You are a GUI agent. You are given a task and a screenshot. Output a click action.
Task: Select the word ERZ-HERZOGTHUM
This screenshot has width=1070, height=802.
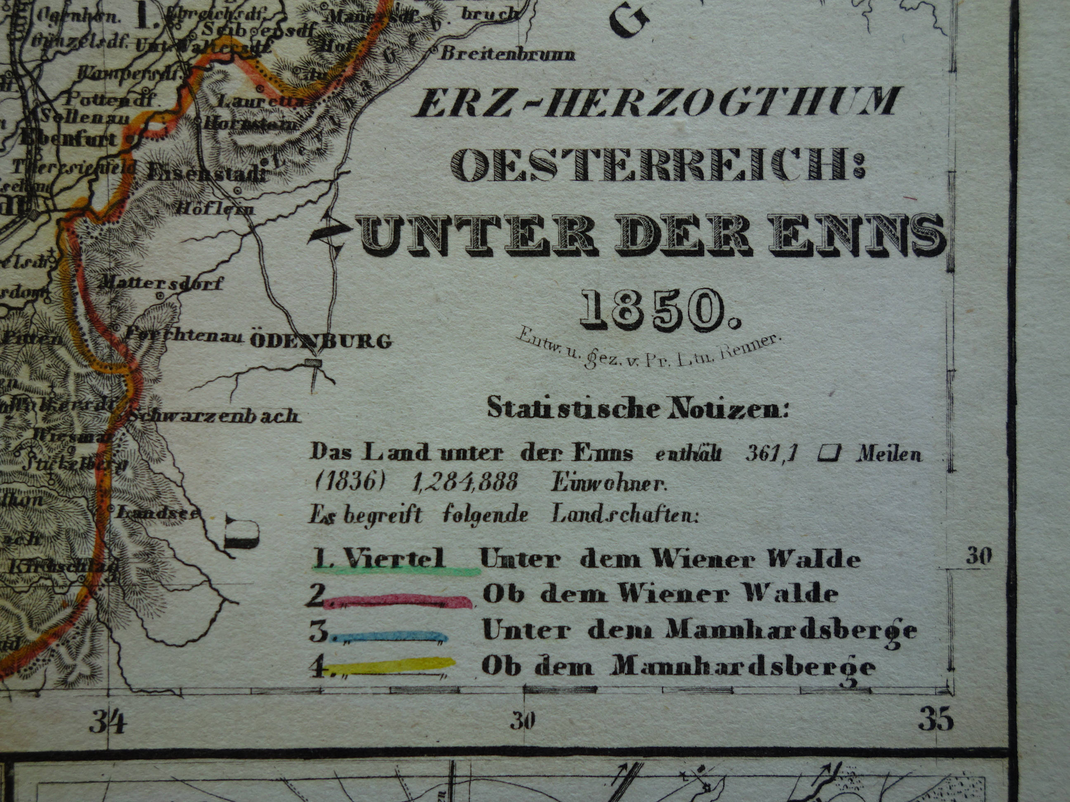click(656, 102)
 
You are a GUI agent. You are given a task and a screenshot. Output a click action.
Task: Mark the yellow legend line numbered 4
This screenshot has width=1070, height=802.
click(392, 665)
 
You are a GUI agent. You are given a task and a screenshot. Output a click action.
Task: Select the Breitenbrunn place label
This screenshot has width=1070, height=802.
click(507, 54)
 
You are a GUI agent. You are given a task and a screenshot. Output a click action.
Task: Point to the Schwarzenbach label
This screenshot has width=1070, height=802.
click(213, 416)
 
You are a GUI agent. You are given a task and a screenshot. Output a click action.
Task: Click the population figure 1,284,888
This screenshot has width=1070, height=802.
click(465, 482)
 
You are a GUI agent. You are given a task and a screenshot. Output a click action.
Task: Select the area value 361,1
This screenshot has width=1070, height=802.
click(772, 453)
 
